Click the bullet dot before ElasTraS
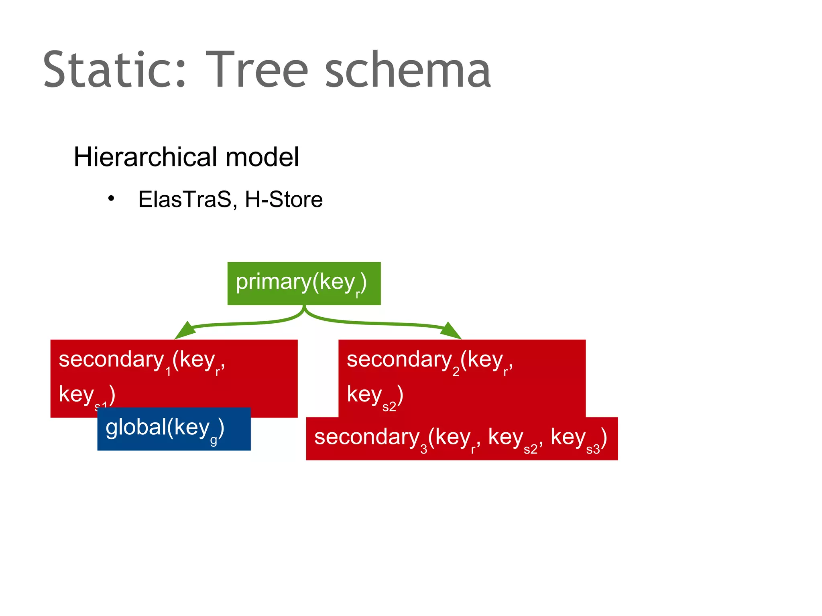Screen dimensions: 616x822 (111, 199)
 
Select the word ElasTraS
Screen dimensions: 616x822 (185, 199)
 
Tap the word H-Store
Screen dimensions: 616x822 (283, 199)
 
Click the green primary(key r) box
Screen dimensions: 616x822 (304, 284)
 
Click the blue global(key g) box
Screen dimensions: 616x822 (174, 429)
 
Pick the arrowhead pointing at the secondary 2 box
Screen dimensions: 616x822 (450, 331)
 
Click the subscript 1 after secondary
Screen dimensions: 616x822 (168, 372)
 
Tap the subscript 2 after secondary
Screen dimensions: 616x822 (456, 372)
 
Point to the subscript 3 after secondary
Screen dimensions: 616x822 (423, 450)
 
